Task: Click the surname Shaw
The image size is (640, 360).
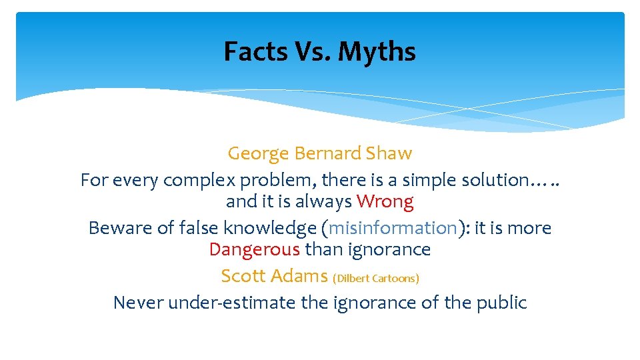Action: (x=389, y=153)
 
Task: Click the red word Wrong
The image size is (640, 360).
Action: (x=385, y=201)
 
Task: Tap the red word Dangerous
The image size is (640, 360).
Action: (x=254, y=249)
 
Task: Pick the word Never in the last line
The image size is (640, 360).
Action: (x=138, y=303)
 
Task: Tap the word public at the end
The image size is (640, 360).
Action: (x=501, y=303)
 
